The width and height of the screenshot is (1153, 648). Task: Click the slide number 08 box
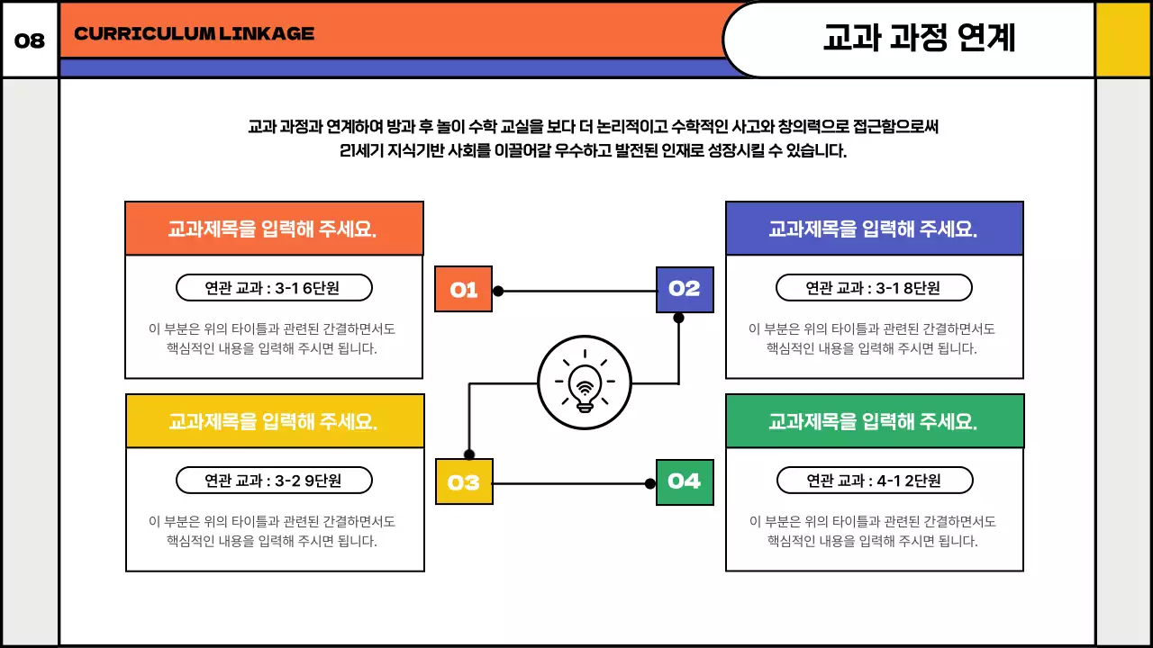[30, 40]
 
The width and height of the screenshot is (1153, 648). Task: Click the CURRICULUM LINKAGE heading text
[194, 34]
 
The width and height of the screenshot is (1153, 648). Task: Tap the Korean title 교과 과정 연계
[919, 38]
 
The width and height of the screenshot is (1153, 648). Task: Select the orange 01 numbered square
[463, 290]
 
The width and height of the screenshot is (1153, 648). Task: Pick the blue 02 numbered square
[685, 289]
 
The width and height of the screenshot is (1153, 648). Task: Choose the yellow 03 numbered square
[464, 481]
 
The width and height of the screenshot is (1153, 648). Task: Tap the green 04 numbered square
[685, 481]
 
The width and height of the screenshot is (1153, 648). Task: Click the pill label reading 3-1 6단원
[273, 288]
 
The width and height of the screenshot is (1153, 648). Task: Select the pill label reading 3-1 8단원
[874, 288]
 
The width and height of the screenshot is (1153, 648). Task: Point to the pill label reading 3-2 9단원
[274, 481]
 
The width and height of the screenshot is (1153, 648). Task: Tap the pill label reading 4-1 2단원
[875, 481]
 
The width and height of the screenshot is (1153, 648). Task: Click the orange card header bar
[274, 229]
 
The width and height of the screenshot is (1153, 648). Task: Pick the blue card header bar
[874, 229]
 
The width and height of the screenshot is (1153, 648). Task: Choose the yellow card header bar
[274, 421]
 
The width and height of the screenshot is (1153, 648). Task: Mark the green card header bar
[874, 421]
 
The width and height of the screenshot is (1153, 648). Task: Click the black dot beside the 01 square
[498, 291]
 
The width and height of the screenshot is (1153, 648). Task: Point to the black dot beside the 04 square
[650, 483]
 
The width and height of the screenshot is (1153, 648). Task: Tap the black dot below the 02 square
[678, 318]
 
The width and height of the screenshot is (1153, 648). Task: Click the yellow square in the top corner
[1122, 40]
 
